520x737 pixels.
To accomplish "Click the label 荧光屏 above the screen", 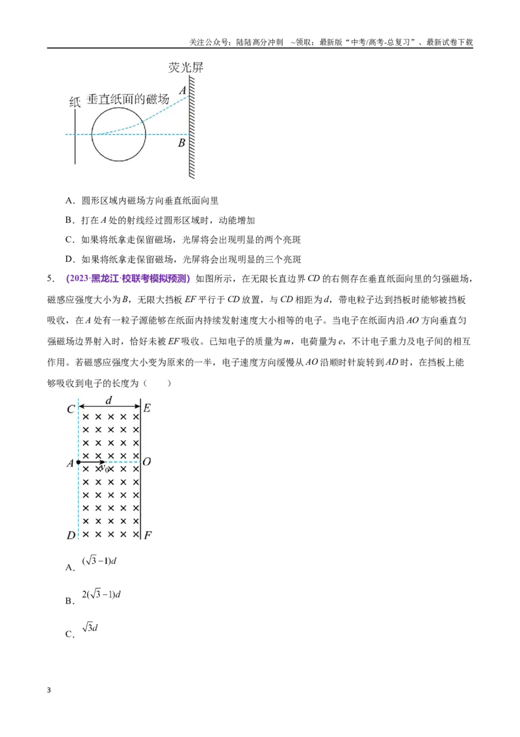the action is (186, 68).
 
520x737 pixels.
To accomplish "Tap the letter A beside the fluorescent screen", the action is (182, 90).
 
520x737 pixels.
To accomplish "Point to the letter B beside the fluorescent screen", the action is (181, 143).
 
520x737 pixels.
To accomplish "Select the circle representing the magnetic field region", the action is (118, 107).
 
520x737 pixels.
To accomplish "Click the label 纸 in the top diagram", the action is (75, 102).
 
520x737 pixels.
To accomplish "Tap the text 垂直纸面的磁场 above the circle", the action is (128, 99).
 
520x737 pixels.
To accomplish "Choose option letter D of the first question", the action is (70, 259).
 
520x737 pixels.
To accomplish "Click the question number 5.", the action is (51, 279).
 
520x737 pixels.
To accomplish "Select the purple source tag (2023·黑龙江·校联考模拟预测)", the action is (128, 279).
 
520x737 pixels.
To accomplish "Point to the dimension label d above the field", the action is (109, 400).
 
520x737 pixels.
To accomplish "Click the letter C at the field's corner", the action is (71, 410).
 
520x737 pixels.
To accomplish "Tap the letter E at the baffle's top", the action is (147, 408).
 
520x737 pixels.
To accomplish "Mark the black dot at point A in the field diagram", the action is (79, 462).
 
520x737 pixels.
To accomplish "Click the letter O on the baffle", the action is (146, 462).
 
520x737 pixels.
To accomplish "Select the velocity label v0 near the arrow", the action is (104, 468).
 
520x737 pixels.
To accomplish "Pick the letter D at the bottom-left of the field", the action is (71, 535).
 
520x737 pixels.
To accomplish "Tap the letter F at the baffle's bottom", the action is (148, 535).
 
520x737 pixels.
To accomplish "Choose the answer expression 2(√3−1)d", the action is (101, 594).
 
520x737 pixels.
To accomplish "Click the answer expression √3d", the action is (90, 628).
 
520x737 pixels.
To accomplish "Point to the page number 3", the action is (49, 690).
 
